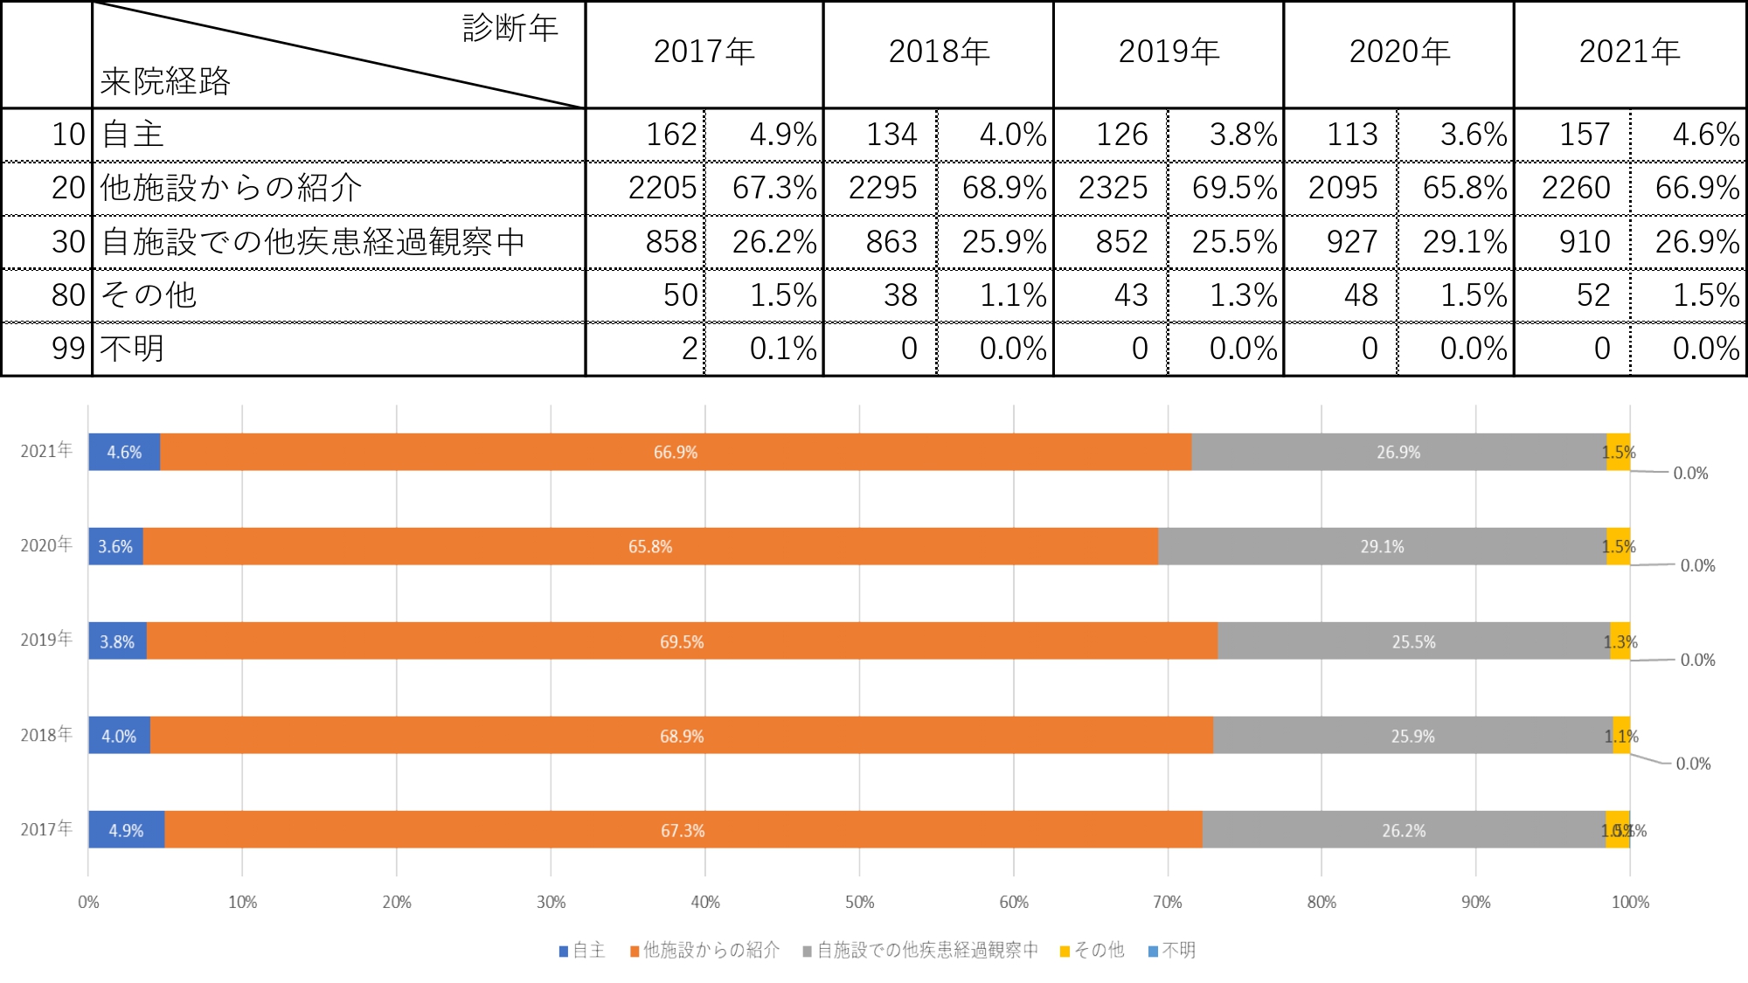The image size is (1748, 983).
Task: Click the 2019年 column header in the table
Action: pyautogui.click(x=1169, y=52)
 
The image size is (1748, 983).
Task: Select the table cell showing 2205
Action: pyautogui.click(x=662, y=188)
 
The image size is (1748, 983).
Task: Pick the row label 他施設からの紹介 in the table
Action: pyautogui.click(x=231, y=188)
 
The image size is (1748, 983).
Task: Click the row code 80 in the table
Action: pyautogui.click(x=68, y=295)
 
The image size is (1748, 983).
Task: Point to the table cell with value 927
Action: pyautogui.click(x=1351, y=242)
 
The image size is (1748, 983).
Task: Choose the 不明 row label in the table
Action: pyautogui.click(x=132, y=349)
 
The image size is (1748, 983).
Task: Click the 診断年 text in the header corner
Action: pyautogui.click(x=510, y=29)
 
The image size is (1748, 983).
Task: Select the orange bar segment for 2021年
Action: pyautogui.click(x=676, y=452)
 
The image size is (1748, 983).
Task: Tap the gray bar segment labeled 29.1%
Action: pyautogui.click(x=1382, y=546)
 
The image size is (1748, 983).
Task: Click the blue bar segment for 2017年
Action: pyautogui.click(x=126, y=829)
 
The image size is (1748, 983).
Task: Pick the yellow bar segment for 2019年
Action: pyautogui.click(x=1620, y=640)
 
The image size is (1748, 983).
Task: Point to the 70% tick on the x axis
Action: pyautogui.click(x=1168, y=902)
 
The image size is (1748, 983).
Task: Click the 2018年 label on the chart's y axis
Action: pyautogui.click(x=46, y=735)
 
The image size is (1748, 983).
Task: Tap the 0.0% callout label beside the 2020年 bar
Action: pyautogui.click(x=1697, y=565)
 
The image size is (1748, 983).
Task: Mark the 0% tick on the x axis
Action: pyautogui.click(x=88, y=902)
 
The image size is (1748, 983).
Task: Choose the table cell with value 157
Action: pyautogui.click(x=1584, y=135)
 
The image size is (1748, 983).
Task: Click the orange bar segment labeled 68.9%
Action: pyautogui.click(x=681, y=736)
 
